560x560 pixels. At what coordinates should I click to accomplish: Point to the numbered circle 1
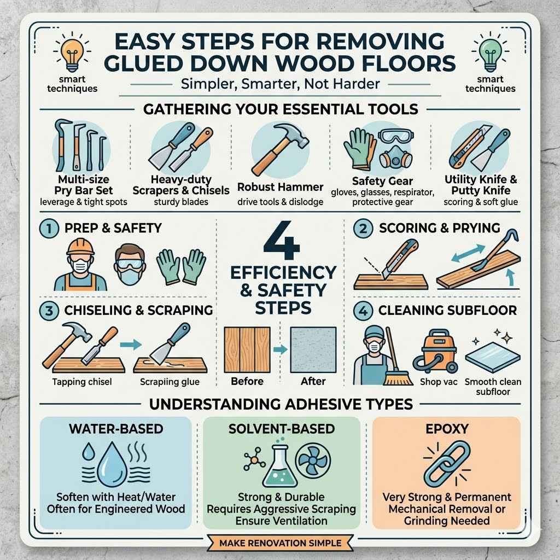tap(46, 227)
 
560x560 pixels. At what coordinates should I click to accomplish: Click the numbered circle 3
tap(46, 310)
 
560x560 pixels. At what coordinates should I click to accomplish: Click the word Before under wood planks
tap(247, 381)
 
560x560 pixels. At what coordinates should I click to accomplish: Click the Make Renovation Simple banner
tap(280, 543)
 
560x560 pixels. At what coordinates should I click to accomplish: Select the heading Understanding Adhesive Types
tap(280, 405)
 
